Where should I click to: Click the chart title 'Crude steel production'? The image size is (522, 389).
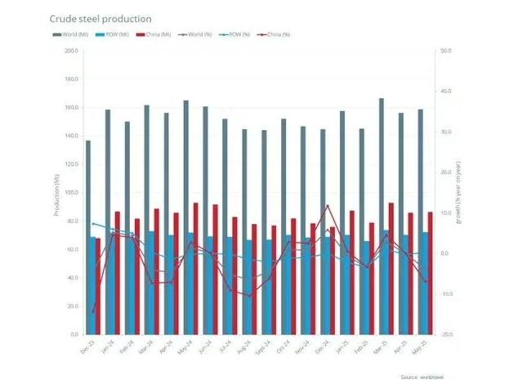coord(100,18)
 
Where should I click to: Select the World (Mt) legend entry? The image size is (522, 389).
coord(71,34)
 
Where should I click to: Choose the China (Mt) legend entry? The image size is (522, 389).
coord(154,34)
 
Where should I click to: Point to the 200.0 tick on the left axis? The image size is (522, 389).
coord(71,51)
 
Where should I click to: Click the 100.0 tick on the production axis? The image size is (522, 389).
coord(71,193)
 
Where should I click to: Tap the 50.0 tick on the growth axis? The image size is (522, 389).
coord(445,51)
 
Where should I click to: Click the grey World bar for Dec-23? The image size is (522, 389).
coord(88,237)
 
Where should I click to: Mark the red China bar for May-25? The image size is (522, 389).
coord(430,273)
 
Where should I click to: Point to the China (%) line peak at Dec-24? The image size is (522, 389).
coord(328,205)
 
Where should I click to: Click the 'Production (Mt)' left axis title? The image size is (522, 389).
coord(56,194)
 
